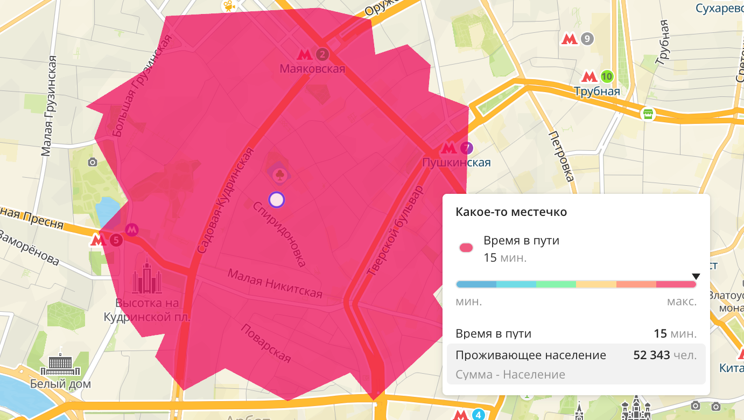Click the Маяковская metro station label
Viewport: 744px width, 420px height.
[312, 69]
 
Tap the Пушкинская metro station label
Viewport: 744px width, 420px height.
[457, 162]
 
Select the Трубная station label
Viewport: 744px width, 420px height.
[597, 92]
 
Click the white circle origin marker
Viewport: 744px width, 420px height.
[276, 200]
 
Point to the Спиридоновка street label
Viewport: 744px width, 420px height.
[279, 234]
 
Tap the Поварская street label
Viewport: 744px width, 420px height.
[265, 343]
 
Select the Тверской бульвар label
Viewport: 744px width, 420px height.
[395, 232]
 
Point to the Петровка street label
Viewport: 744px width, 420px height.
[561, 156]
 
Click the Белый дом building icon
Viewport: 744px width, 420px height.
[60, 365]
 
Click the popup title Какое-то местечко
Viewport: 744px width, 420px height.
[511, 212]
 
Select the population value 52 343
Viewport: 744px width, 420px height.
[651, 355]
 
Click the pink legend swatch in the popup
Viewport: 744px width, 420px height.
[466, 248]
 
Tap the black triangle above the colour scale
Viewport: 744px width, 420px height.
[696, 277]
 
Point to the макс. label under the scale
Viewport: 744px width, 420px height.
[682, 302]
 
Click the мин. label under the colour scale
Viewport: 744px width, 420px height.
[469, 302]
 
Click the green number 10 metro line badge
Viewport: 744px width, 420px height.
[607, 76]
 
